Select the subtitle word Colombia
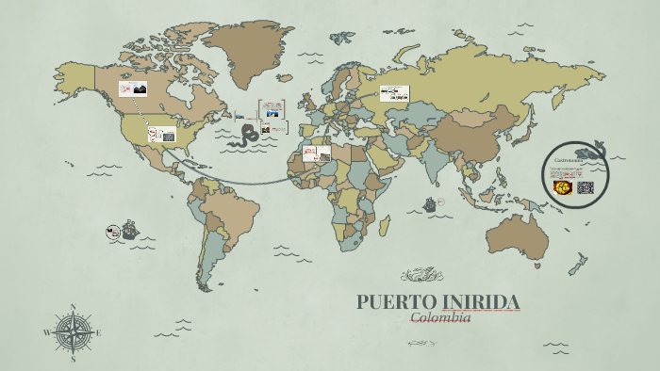pos(439,317)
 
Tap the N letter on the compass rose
pos(74,307)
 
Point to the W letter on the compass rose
pos(47,333)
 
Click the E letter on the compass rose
pos(99,333)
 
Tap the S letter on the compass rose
pos(74,360)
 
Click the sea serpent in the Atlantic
pos(248,135)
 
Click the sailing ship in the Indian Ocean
pos(432,203)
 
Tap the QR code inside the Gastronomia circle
pos(586,186)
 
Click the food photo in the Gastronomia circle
pos(562,186)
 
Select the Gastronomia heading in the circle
pos(569,162)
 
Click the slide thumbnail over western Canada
pos(132,89)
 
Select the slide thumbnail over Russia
pos(393,93)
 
